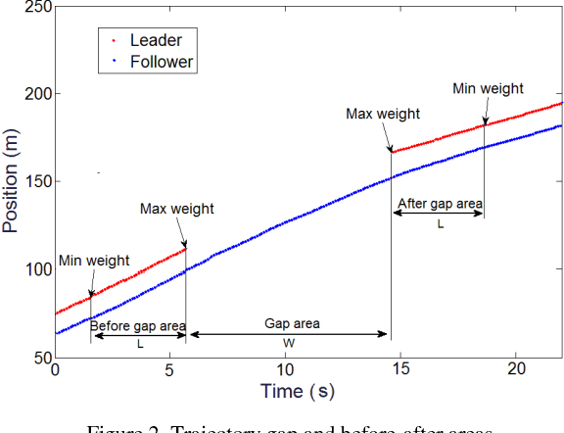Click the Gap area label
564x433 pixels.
click(292, 323)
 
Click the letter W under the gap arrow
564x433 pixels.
click(289, 344)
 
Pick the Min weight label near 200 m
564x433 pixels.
click(488, 89)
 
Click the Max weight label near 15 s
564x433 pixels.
click(383, 114)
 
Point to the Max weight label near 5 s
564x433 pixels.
click(176, 209)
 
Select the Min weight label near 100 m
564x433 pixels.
click(94, 261)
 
